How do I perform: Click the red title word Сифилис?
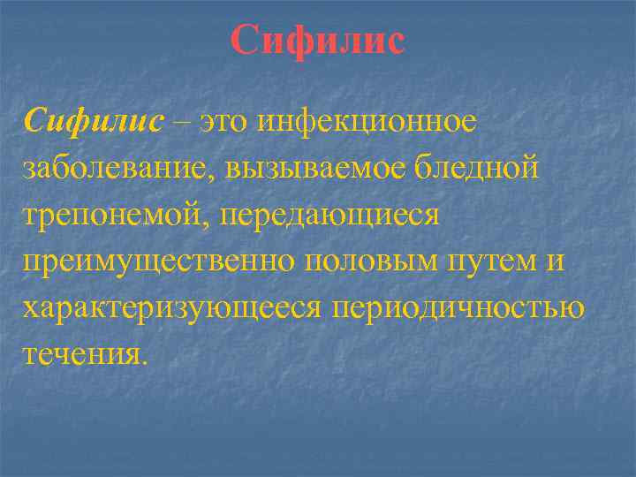pos(318,42)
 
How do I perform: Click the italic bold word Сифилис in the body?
pos(95,121)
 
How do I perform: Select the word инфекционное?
pos(367,121)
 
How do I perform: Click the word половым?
pos(352,261)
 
